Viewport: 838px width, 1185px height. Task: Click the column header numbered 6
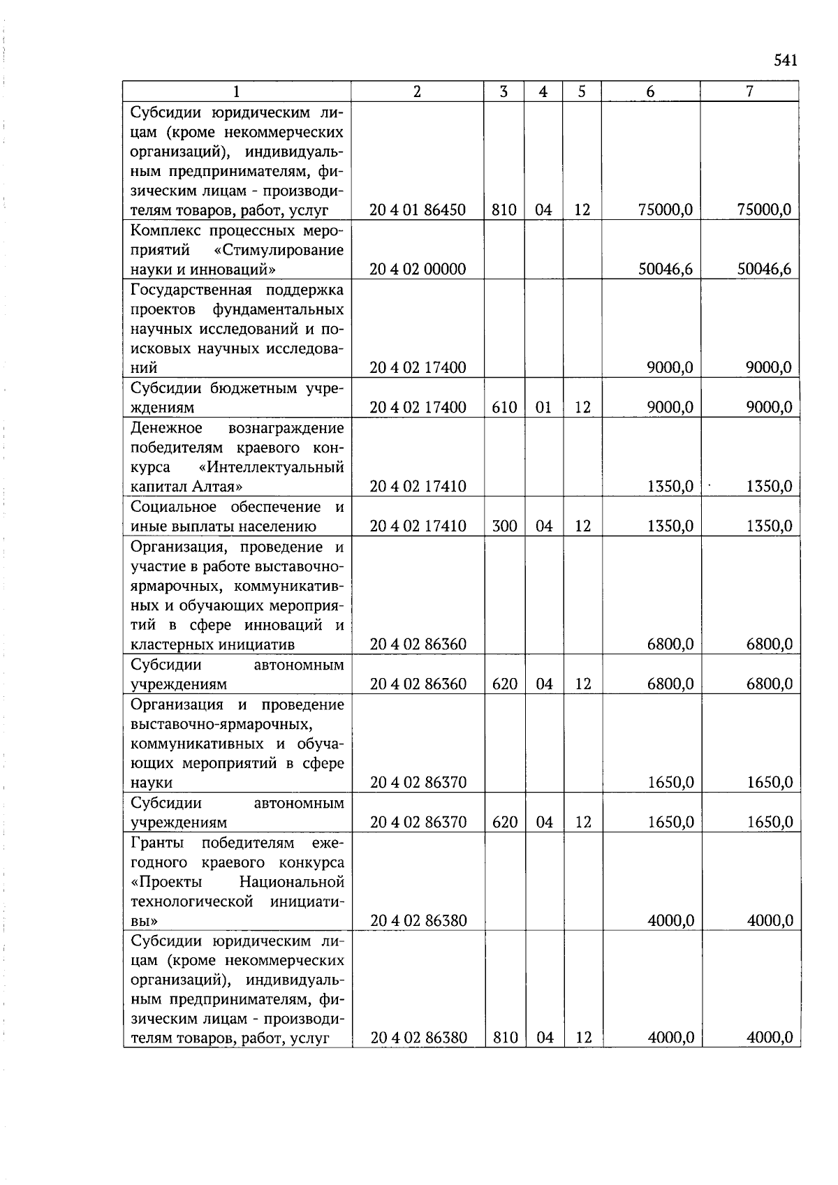tap(650, 91)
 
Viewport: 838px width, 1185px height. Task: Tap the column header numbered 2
tap(417, 91)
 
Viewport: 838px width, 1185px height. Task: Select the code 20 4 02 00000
tap(418, 270)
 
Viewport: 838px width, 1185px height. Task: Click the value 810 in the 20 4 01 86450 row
tap(504, 210)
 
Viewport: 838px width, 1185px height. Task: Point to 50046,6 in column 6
tap(666, 270)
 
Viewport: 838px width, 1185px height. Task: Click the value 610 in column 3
tap(504, 407)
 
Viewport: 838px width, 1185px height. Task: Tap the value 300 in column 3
tap(504, 526)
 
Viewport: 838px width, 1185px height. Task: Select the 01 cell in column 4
tap(543, 407)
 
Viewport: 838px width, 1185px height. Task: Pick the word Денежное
tap(166, 427)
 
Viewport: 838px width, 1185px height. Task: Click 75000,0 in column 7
tap(764, 210)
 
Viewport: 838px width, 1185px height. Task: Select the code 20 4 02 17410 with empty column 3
tap(418, 487)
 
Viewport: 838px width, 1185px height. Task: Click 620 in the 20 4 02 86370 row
tap(504, 823)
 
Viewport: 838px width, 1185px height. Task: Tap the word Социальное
tap(172, 506)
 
